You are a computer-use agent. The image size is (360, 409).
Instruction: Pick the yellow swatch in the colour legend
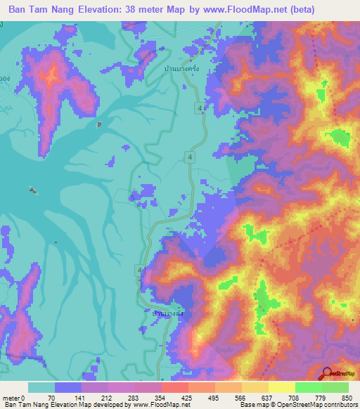click(x=281, y=387)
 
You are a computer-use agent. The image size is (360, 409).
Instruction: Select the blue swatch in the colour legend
click(x=68, y=387)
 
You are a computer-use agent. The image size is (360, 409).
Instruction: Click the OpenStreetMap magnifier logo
click(x=327, y=373)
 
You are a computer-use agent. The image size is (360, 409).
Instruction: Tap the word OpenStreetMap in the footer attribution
click(x=285, y=405)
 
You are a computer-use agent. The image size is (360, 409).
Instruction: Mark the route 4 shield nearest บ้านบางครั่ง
click(x=202, y=108)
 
